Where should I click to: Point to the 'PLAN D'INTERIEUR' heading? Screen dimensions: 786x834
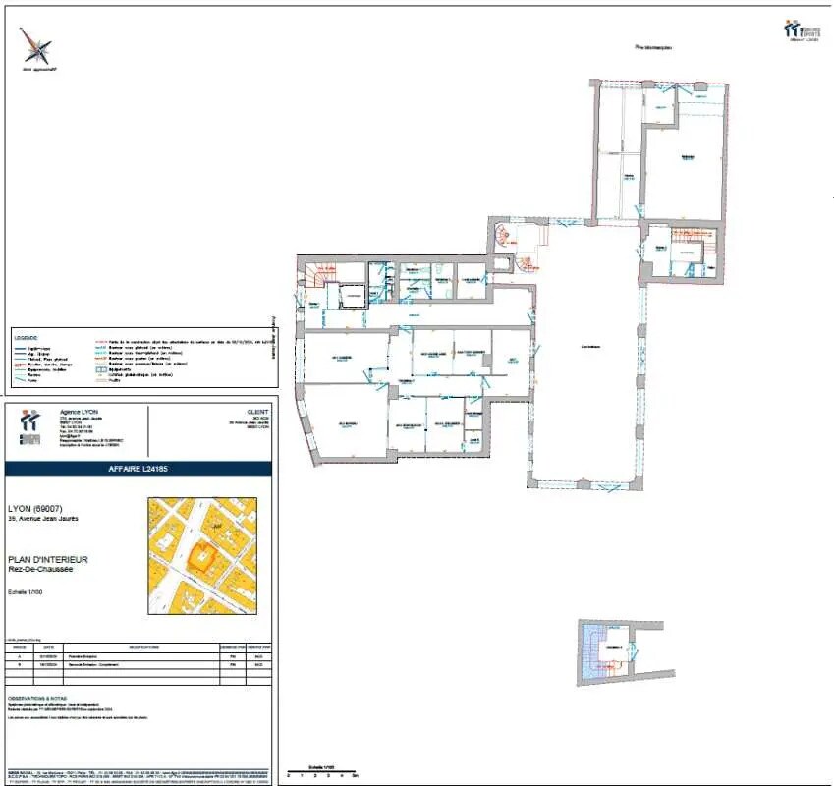pos(61,559)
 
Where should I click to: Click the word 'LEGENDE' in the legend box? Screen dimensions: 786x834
pos(27,336)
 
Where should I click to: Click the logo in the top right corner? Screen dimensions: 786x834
pos(802,29)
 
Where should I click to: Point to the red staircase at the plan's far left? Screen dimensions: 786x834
pos(319,275)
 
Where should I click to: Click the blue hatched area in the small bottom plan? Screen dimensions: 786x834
pos(591,651)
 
